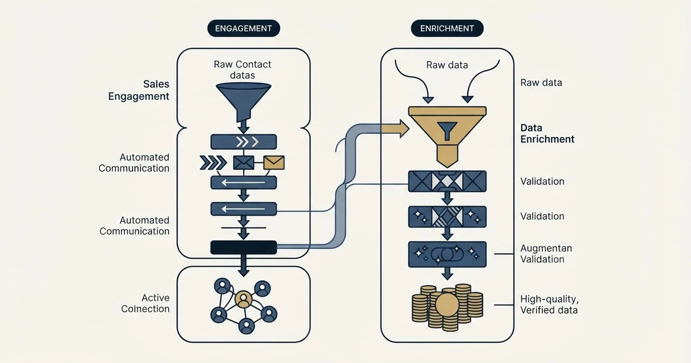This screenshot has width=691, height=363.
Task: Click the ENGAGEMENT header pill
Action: pos(244,28)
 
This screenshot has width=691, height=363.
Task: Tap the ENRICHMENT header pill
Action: pos(447,28)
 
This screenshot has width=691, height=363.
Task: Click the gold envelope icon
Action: pos(274,162)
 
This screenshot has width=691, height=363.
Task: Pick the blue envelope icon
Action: pos(244,162)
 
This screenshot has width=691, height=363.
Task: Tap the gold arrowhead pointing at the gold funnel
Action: pos(404,128)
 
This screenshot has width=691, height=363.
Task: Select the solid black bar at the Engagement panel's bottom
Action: pos(244,248)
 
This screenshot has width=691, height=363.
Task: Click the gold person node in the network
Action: pos(244,299)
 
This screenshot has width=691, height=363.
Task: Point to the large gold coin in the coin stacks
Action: pos(447,305)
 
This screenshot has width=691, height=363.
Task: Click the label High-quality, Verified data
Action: pos(549,304)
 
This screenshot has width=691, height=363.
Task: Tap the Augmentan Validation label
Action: pos(546,254)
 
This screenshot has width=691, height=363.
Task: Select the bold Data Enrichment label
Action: pos(547,133)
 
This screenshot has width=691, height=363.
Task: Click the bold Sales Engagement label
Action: pos(139,90)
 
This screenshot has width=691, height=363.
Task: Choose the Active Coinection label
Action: pos(145,303)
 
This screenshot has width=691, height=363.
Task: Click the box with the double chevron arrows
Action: pos(244,142)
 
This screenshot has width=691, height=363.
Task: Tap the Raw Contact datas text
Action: pos(242,70)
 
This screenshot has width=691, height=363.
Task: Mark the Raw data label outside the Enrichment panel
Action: pos(541,83)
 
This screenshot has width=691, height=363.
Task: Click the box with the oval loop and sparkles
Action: pos(447,254)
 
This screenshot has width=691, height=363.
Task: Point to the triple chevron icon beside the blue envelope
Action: pos(213,162)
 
